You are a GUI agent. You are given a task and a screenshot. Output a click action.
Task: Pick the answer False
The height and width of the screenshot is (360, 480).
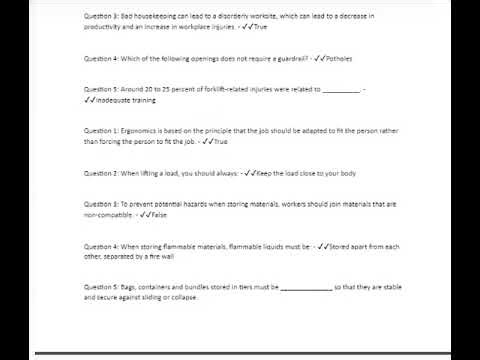click(159, 215)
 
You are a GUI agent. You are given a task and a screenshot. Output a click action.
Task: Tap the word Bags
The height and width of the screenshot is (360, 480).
click(132, 287)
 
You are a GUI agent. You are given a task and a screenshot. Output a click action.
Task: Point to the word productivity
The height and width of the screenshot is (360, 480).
click(106, 26)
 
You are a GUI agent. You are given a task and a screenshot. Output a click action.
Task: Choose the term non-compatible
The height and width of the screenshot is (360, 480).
click(108, 215)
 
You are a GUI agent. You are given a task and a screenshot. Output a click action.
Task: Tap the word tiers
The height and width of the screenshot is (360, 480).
click(253, 287)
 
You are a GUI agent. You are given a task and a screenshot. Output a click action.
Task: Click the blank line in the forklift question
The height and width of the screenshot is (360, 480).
click(341, 90)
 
